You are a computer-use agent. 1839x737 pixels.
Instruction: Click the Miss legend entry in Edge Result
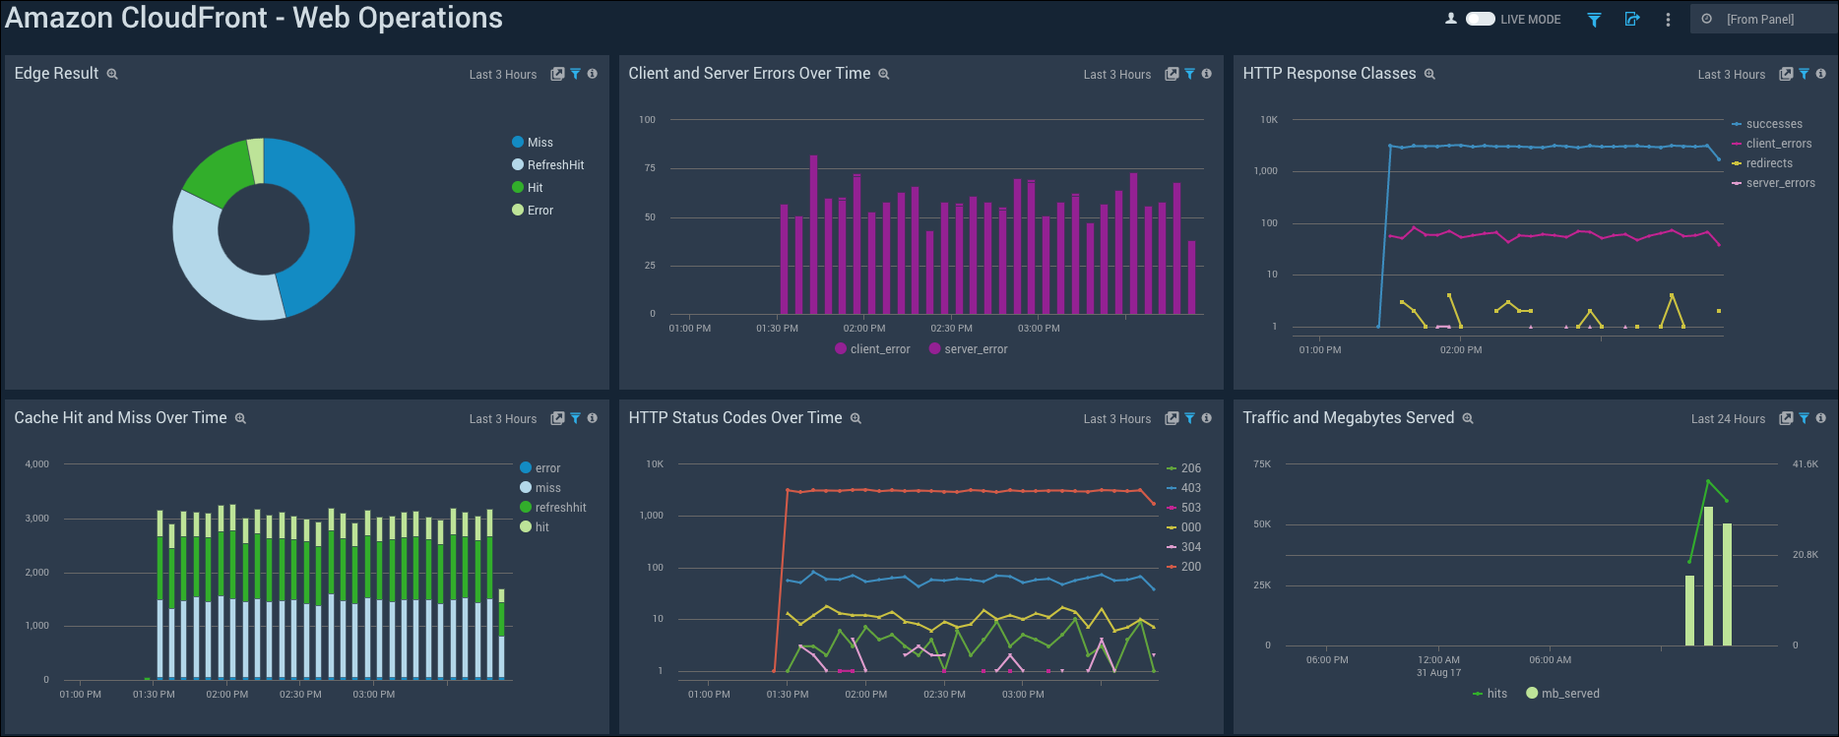point(539,143)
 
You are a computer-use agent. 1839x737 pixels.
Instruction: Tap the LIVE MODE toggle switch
point(1480,19)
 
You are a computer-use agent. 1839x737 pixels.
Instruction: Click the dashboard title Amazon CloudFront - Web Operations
point(254,18)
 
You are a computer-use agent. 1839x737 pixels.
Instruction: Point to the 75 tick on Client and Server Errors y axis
point(649,168)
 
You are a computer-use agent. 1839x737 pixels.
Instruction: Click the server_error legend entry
point(975,349)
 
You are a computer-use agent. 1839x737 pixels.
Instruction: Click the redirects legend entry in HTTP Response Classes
point(1768,163)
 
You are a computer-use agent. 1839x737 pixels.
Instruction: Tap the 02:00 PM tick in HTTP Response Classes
point(1460,350)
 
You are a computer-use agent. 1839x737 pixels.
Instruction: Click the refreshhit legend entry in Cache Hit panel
point(560,508)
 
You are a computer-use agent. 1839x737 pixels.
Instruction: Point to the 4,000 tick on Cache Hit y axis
point(37,463)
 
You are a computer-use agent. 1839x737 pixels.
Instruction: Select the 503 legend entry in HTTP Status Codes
point(1190,508)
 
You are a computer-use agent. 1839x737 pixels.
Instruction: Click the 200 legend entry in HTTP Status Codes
point(1190,567)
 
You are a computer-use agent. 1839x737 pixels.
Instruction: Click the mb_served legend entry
point(1569,694)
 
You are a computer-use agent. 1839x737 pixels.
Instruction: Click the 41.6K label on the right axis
point(1805,463)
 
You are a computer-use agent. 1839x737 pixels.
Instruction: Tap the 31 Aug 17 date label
point(1438,673)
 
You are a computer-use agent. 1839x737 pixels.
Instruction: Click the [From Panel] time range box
point(1759,19)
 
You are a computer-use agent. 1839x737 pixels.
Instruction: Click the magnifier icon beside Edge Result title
point(112,74)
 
